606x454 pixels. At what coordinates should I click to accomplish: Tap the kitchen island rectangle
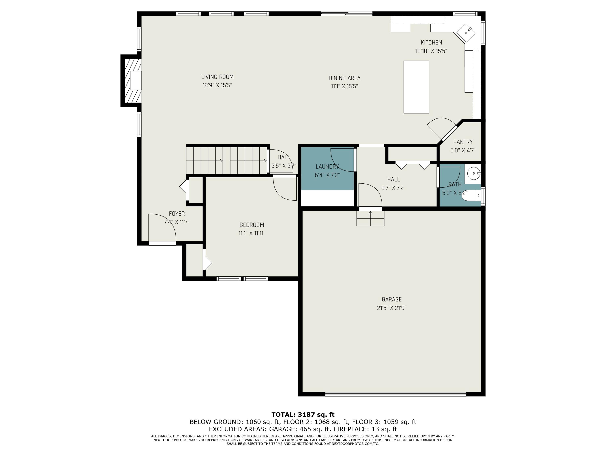(x=416, y=87)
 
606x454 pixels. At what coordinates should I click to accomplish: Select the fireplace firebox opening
(x=136, y=81)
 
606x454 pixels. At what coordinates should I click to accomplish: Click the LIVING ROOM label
(x=217, y=77)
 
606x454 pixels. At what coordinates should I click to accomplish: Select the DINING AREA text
(x=344, y=78)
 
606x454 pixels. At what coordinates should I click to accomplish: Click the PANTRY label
(x=463, y=142)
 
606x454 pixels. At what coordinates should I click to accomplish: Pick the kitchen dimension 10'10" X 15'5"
(x=431, y=51)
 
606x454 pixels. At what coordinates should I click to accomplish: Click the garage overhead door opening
(x=396, y=394)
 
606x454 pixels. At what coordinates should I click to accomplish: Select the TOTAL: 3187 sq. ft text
(x=303, y=415)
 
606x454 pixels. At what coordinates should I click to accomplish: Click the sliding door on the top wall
(x=347, y=13)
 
